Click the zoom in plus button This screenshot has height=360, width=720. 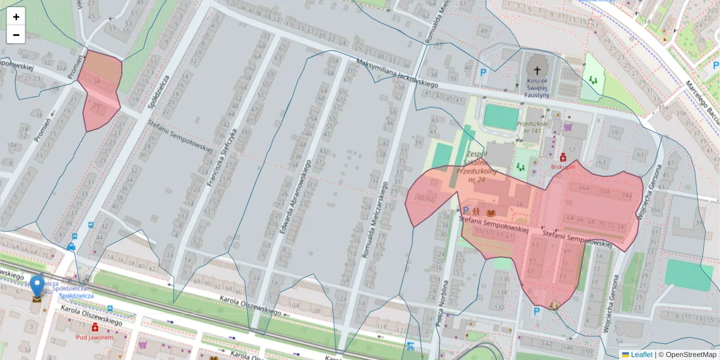pos(16,17)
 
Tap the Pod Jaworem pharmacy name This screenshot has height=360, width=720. pos(95,337)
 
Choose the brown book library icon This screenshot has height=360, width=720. pos(491,212)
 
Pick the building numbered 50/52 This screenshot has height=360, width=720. pos(425,198)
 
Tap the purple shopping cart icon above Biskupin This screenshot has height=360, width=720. pos(568,127)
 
